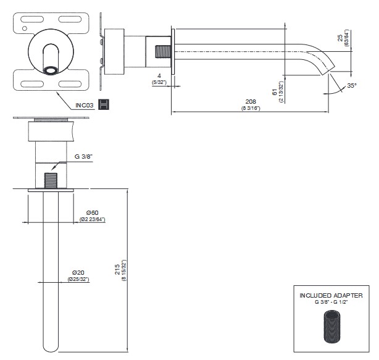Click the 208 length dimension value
[x=251, y=101]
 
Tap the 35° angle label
[x=351, y=85]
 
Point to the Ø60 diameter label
[x=92, y=213]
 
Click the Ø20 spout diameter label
[x=78, y=272]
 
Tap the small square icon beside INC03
[x=104, y=104]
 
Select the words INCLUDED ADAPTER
[x=331, y=296]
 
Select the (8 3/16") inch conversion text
[x=251, y=109]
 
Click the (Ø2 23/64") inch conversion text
[x=92, y=220]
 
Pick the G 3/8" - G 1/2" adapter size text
[x=331, y=302]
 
